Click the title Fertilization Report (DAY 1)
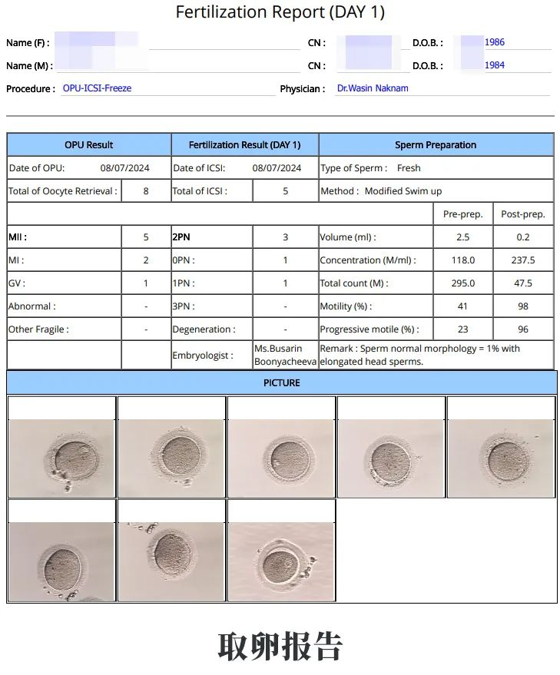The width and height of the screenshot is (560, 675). (x=280, y=12)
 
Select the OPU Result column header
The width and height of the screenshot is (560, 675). (x=88, y=145)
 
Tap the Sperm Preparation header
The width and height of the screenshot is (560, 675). (x=436, y=145)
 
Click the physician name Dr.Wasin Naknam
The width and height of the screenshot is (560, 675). (x=373, y=88)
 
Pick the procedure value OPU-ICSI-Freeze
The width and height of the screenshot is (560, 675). (x=97, y=88)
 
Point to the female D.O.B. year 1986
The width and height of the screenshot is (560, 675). (x=494, y=42)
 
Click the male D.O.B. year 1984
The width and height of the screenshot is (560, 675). (x=494, y=65)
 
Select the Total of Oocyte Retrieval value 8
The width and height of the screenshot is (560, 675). (x=146, y=191)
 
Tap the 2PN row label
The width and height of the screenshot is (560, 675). (x=181, y=237)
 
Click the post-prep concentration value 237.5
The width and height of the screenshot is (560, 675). (x=523, y=260)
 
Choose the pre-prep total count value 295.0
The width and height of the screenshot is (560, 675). (x=463, y=283)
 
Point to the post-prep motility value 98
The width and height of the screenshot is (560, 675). (x=523, y=306)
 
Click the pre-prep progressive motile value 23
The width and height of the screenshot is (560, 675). (x=463, y=329)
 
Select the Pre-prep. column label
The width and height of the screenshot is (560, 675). (x=463, y=214)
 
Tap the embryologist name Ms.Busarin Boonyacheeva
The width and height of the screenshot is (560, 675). (x=285, y=355)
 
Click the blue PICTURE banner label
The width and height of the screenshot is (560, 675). (x=282, y=382)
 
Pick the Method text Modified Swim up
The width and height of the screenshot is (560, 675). (x=403, y=191)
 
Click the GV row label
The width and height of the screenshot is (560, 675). (x=16, y=283)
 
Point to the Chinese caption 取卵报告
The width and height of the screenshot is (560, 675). (x=280, y=647)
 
